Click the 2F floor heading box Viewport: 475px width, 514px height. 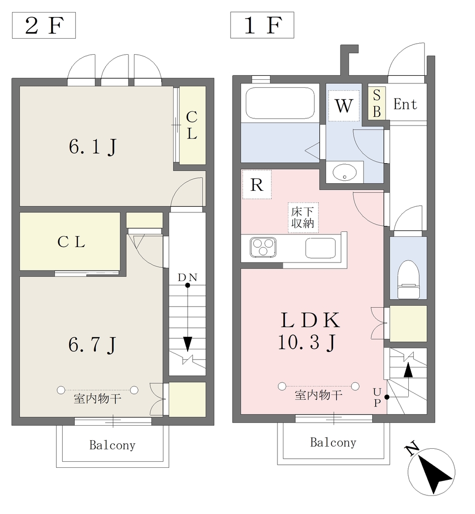44,25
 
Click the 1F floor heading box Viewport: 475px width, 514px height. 262,25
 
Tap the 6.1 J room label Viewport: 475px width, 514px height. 93,147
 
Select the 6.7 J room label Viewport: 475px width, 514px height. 93,344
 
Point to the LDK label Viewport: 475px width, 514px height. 310,320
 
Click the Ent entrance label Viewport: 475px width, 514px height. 405,104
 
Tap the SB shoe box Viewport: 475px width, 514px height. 377,103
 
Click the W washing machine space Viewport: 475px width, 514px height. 344,105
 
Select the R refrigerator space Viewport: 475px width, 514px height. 257,185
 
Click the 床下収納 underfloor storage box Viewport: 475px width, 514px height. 303,218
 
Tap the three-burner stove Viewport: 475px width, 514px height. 263,247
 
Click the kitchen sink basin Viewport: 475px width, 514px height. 321,248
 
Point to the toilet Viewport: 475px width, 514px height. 408,279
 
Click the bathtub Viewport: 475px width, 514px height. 280,103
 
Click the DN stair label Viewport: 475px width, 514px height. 188,278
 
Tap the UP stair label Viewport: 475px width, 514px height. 377,398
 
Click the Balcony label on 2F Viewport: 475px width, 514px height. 112,445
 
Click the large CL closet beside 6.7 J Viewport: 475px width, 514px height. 70,241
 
